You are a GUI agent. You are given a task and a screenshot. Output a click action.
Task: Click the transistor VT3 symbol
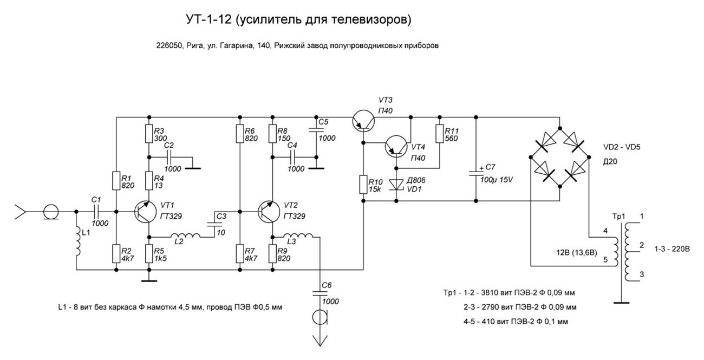(x=362, y=120)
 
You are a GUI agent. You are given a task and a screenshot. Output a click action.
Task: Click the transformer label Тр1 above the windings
(x=618, y=217)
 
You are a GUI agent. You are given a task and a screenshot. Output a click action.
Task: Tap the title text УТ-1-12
(x=213, y=21)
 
